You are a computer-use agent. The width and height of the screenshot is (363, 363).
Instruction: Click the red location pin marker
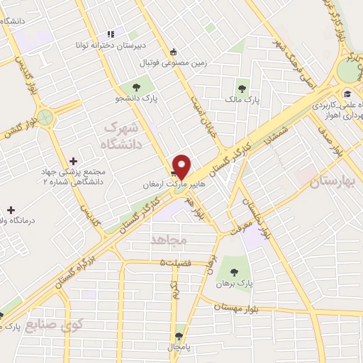click(x=181, y=167)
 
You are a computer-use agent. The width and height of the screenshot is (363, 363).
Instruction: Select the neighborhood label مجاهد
click(x=168, y=241)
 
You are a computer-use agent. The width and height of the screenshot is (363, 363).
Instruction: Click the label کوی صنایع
click(x=54, y=325)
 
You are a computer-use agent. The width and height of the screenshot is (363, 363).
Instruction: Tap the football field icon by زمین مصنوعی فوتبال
click(x=174, y=51)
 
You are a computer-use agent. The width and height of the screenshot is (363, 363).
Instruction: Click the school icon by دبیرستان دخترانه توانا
click(x=111, y=33)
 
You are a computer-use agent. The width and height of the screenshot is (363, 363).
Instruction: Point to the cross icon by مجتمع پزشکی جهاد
click(x=74, y=161)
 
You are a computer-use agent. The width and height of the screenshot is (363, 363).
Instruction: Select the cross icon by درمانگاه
click(x=10, y=210)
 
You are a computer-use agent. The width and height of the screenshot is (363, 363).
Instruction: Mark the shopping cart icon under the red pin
click(x=173, y=172)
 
